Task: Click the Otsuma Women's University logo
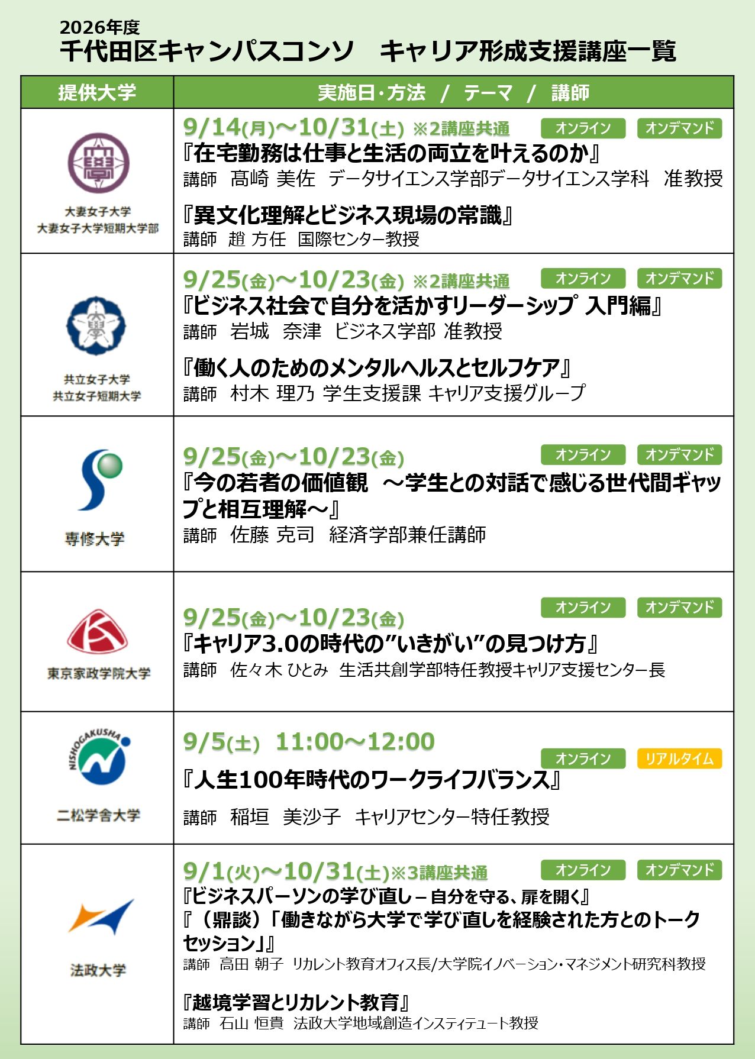coord(98,163)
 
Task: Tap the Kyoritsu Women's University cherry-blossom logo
coord(96,325)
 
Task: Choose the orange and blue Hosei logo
coord(101,916)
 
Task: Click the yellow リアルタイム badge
coord(679,758)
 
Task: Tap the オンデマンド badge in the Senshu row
coord(679,454)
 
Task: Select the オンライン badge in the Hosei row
coord(583,870)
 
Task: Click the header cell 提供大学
coord(97,92)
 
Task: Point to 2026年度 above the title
coord(99,27)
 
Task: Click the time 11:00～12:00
coord(355,741)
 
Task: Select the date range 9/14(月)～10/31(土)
coord(293,127)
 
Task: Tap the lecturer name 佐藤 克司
coord(272,534)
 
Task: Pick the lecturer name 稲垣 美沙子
coord(286,816)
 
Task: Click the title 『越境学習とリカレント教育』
coord(296,1002)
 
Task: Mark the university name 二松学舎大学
coord(98,815)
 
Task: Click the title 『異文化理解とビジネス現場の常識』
coord(348,215)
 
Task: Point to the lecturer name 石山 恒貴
coord(251,1023)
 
